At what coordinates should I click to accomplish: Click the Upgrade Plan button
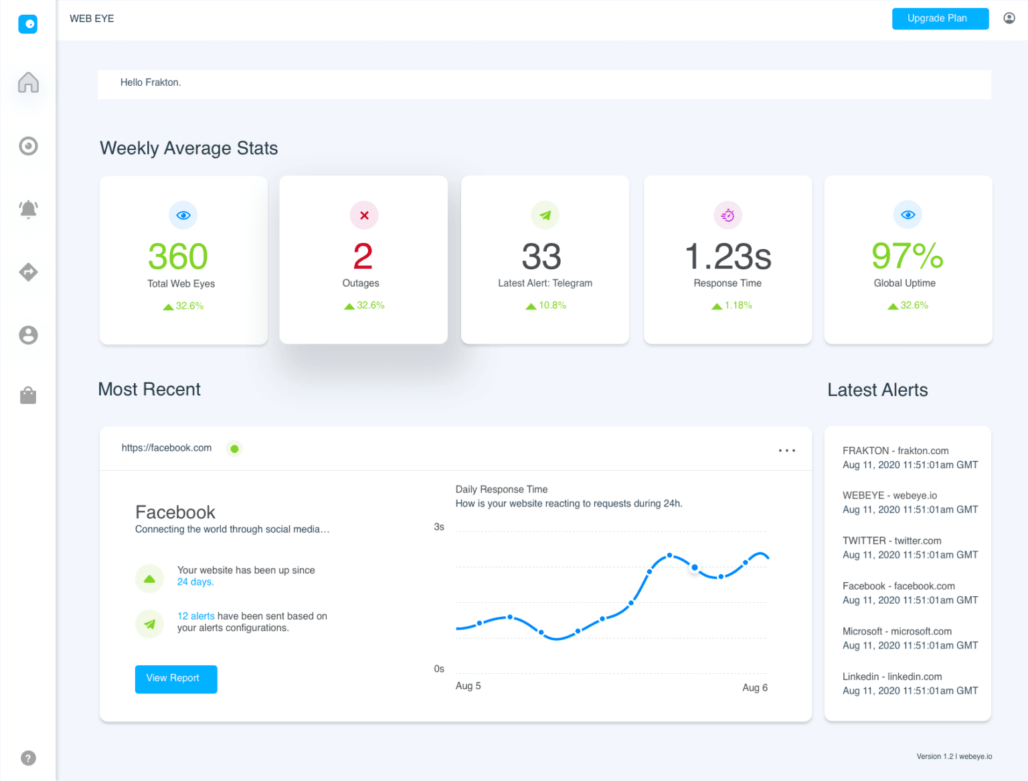[940, 19]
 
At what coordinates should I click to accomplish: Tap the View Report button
[176, 679]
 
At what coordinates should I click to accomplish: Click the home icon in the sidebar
[28, 82]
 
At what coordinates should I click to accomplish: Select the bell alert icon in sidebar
[28, 209]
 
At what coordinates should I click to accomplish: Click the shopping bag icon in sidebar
[28, 395]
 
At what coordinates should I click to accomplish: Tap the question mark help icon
[28, 758]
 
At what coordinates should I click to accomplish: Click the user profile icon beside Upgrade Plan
[1009, 18]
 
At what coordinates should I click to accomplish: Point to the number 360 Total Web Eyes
[178, 257]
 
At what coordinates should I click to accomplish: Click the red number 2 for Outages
[363, 257]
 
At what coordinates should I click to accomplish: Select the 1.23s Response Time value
[727, 257]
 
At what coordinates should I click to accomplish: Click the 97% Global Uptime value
[907, 256]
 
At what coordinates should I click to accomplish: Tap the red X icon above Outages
[364, 215]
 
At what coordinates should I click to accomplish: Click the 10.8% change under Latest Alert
[551, 305]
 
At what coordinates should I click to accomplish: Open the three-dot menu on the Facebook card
[787, 450]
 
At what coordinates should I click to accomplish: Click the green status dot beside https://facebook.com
[234, 449]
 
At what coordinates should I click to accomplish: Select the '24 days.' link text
[195, 582]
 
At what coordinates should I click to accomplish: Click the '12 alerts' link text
[195, 616]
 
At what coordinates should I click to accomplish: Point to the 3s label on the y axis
[439, 527]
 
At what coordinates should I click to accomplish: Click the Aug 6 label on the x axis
[755, 687]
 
